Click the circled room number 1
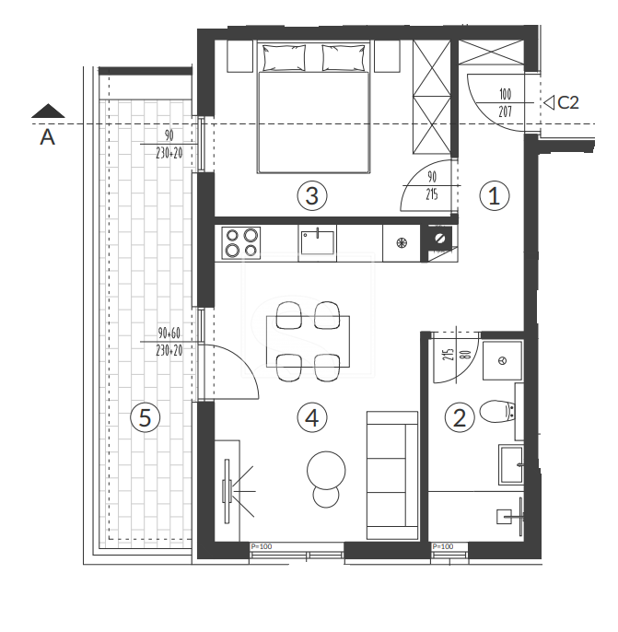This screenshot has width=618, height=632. [x=495, y=196]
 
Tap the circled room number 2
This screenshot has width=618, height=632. [x=460, y=417]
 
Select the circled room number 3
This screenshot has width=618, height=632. [x=312, y=196]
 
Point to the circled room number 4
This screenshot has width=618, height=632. [x=312, y=417]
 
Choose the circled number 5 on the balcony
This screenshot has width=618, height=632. [x=145, y=417]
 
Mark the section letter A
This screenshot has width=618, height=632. [x=47, y=137]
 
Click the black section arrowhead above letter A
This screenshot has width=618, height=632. [x=48, y=111]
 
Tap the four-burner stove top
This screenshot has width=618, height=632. [x=241, y=242]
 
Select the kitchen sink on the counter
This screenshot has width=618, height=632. [x=318, y=241]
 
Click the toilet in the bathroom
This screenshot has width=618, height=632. [x=497, y=411]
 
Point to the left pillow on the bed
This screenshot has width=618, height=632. [x=284, y=58]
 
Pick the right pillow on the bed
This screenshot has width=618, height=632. [x=344, y=58]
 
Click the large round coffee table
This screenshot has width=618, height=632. [x=326, y=471]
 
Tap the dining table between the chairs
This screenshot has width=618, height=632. [x=309, y=342]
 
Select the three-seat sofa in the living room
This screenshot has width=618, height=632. [x=392, y=475]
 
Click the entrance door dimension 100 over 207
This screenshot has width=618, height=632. [x=506, y=102]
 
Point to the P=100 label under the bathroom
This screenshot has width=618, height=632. [x=443, y=546]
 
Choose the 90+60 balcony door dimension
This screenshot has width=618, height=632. [x=169, y=333]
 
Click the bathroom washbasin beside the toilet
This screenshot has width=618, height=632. [x=511, y=464]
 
